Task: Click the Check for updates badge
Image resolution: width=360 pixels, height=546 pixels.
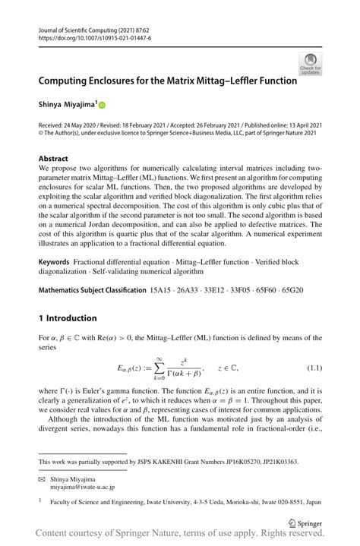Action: [x=310, y=63]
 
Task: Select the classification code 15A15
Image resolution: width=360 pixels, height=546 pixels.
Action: [x=162, y=291]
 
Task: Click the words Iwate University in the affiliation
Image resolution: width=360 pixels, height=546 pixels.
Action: [x=167, y=501]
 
